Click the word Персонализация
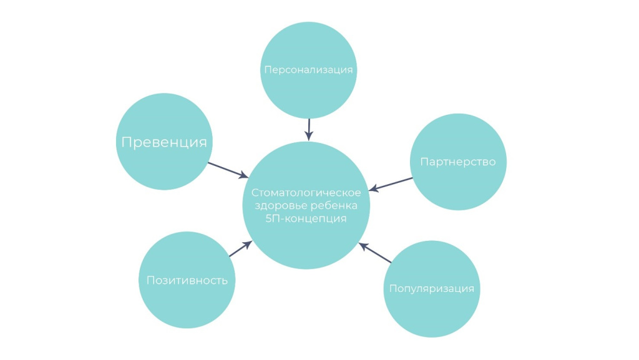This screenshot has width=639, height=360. (x=308, y=70)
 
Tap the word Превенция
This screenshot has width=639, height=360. (x=164, y=142)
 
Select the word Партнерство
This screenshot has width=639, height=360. (x=458, y=162)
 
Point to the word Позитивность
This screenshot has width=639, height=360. (x=187, y=280)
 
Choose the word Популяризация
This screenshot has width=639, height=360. (x=432, y=289)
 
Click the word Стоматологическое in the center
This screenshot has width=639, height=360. (x=306, y=193)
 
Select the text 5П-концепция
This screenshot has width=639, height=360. (x=306, y=219)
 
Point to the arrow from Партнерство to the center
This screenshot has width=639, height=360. (x=392, y=184)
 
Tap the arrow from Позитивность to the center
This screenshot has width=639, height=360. (x=240, y=249)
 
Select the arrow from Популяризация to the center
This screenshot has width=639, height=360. (x=376, y=253)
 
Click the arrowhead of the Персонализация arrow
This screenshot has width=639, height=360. (x=308, y=137)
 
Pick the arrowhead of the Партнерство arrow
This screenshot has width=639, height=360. (x=373, y=188)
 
